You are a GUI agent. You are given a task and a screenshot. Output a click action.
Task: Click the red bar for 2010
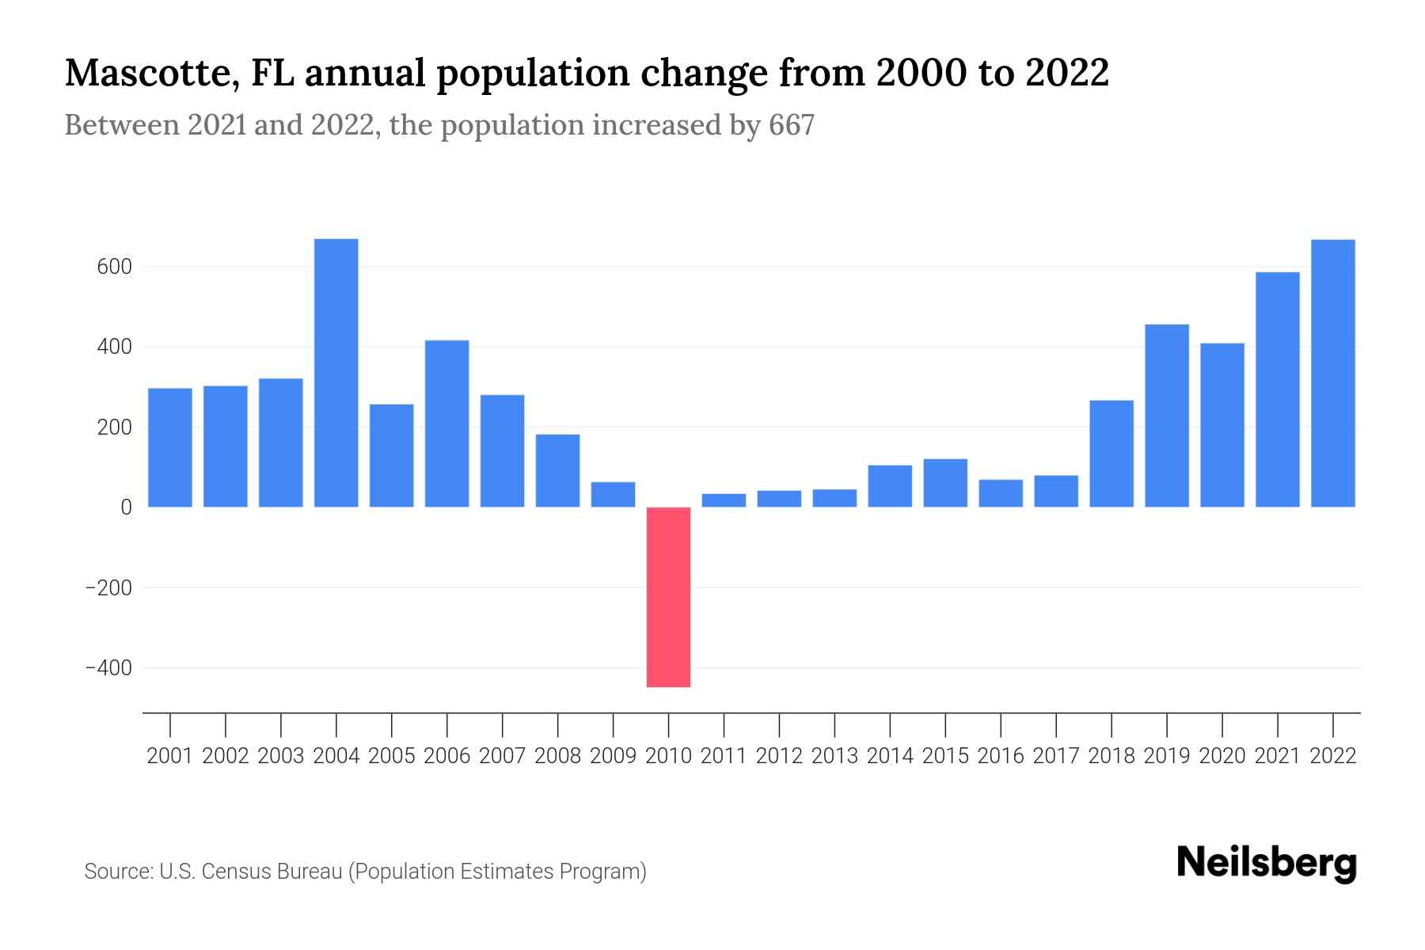(668, 597)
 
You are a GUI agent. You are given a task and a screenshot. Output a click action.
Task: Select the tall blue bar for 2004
(336, 373)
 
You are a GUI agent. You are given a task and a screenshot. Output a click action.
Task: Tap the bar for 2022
(1332, 373)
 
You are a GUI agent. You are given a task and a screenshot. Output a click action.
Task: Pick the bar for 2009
(613, 494)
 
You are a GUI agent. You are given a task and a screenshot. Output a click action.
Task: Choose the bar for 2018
(1111, 454)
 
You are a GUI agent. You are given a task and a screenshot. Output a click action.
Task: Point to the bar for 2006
(446, 424)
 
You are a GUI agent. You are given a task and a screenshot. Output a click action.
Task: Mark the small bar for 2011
(724, 500)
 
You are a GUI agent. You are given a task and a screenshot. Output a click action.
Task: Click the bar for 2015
(944, 483)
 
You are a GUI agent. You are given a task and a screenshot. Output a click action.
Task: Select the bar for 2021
(1277, 389)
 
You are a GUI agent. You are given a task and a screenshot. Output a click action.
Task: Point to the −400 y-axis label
(108, 668)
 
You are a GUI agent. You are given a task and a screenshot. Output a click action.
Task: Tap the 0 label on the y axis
(126, 507)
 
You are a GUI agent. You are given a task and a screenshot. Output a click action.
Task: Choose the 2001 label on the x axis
(169, 756)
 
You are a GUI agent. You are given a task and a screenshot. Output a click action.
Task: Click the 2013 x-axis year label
(834, 756)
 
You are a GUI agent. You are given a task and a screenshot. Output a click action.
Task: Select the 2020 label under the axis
(1222, 756)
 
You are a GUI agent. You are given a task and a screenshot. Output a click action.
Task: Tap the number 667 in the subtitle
(791, 125)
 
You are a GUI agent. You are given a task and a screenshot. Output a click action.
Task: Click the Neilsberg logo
(1267, 863)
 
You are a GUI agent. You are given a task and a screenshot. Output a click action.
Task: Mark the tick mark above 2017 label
(1056, 724)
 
